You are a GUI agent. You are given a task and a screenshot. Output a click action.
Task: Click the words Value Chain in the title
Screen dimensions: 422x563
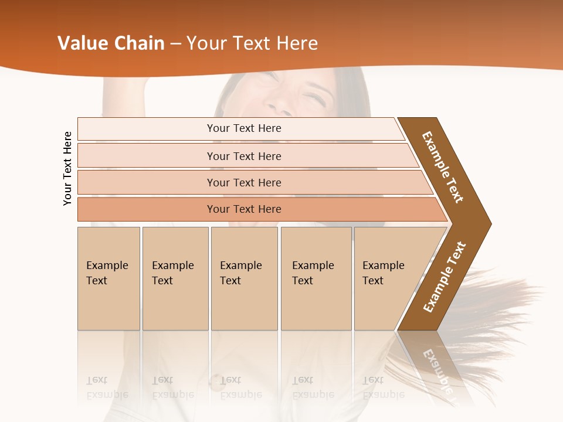[111, 43]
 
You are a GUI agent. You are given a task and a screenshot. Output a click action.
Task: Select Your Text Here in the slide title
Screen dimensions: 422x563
[252, 43]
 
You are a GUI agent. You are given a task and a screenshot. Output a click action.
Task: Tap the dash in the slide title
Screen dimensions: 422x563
[175, 44]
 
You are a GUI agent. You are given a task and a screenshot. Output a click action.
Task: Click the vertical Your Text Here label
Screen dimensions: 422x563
[67, 168]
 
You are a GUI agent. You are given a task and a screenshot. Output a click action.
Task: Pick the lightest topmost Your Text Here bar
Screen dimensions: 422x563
[244, 128]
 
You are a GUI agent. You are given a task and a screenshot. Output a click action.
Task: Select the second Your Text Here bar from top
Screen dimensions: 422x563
[244, 156]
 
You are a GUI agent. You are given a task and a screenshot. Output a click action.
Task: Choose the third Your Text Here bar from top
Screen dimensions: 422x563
[244, 182]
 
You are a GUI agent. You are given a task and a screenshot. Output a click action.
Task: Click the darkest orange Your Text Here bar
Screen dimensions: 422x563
[244, 209]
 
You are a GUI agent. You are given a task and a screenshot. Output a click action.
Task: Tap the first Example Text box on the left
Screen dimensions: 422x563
[108, 278]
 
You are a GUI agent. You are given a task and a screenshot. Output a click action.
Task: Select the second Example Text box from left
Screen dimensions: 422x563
[175, 278]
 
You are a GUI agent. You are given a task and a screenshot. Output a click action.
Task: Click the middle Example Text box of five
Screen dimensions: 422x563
[244, 278]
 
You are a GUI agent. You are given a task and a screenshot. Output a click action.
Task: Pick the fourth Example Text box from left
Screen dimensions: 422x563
[316, 278]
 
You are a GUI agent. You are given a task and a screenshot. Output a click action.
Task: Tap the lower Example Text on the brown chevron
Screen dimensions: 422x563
[445, 277]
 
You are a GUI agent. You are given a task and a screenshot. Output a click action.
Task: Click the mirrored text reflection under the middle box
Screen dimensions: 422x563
[240, 387]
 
